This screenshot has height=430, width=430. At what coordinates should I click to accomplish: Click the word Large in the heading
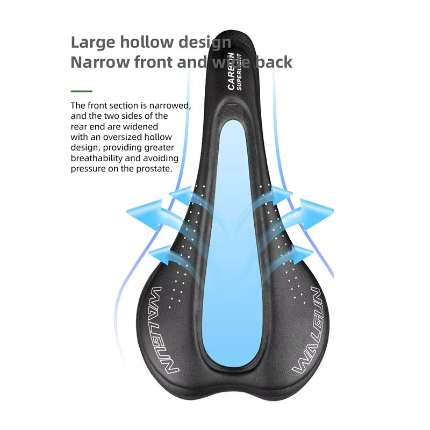(x=92, y=42)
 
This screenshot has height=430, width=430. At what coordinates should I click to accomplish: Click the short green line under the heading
(x=81, y=91)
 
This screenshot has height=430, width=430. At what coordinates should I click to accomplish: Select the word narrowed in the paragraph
(x=170, y=105)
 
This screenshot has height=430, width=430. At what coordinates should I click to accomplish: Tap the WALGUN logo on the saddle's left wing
(x=164, y=332)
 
